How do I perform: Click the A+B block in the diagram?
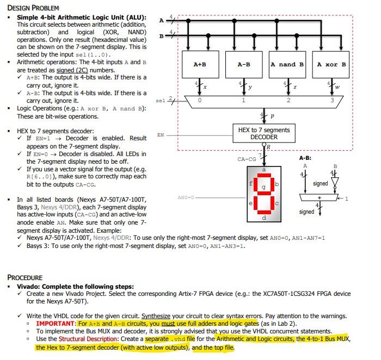click(200, 65)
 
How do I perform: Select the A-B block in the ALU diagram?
click(244, 65)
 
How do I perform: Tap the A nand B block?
click(287, 65)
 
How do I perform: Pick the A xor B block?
click(331, 65)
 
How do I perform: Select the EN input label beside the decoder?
click(160, 134)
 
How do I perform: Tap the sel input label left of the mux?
click(159, 101)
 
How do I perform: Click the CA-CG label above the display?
click(247, 159)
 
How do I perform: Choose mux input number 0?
click(200, 100)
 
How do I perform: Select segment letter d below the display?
click(265, 218)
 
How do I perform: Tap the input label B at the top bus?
click(161, 36)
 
